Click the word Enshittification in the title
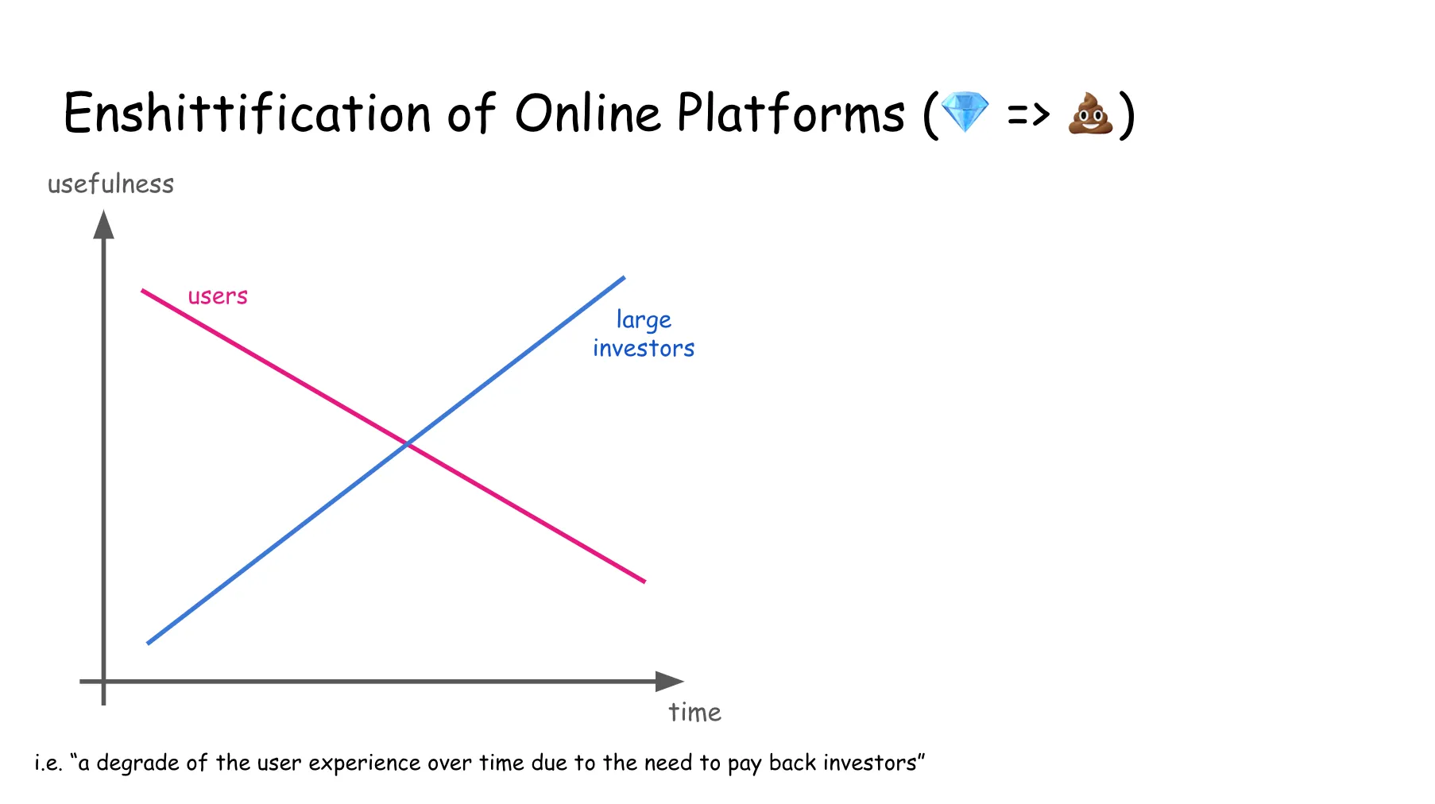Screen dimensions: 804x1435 pos(246,113)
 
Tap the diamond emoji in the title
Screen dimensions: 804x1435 pos(965,112)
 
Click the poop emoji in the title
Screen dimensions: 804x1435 pos(1090,114)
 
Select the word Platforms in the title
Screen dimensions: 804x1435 pos(791,113)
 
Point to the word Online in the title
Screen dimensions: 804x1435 pos(587,113)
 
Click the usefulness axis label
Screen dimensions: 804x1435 pos(110,184)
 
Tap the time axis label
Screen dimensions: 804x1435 pos(694,713)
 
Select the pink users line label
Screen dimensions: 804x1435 pos(218,296)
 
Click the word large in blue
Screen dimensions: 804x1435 pos(644,320)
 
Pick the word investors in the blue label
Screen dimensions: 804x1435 pos(644,349)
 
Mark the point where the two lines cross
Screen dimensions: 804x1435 pos(407,444)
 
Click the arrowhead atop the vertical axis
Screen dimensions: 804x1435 pos(103,224)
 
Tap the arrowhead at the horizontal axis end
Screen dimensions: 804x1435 pos(669,681)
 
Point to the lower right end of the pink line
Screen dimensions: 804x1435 pos(644,581)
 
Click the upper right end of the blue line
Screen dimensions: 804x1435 pos(623,278)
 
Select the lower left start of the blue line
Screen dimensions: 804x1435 pos(149,642)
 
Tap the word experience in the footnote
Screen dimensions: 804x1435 pos(364,763)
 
